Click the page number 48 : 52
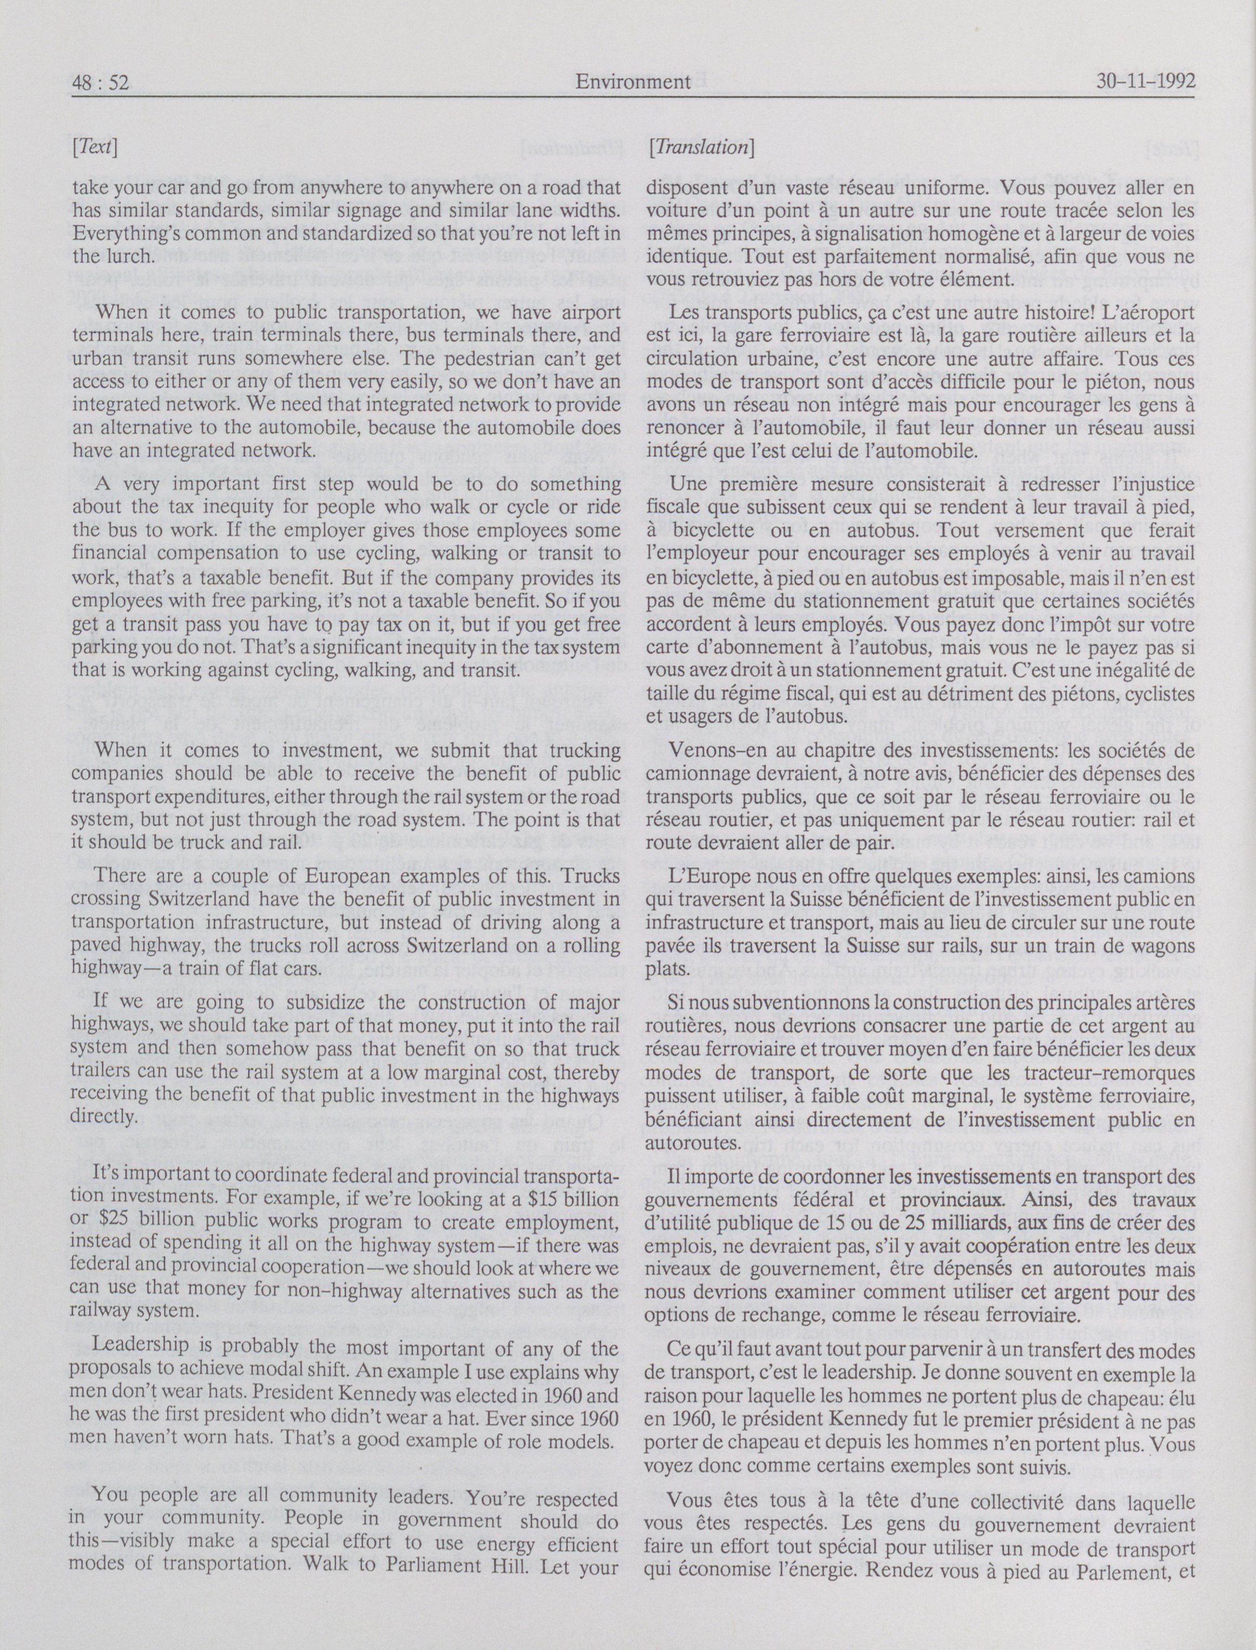101,82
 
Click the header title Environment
633,82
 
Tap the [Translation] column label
701,147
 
